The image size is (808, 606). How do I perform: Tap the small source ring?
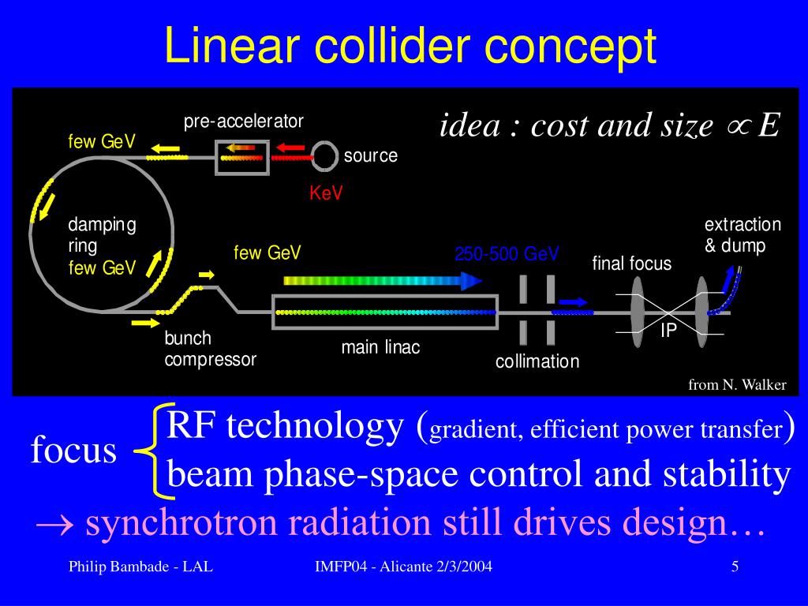325,156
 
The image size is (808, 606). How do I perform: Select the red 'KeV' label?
326,193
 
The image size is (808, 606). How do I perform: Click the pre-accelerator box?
243,156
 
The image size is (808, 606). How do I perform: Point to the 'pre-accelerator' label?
244,122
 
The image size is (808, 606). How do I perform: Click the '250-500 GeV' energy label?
506,254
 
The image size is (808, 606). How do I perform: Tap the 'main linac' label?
380,347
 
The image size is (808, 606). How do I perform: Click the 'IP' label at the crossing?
668,331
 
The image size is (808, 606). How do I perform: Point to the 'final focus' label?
631,264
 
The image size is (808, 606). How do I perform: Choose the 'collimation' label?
537,361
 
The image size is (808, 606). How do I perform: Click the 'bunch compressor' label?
210,349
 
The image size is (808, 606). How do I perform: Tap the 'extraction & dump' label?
742,235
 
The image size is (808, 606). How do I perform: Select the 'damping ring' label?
102,235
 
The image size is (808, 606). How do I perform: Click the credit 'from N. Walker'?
737,385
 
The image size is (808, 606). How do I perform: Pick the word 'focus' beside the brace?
73,451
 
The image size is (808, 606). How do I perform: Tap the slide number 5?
735,567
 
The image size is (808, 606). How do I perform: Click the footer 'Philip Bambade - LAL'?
140,567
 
